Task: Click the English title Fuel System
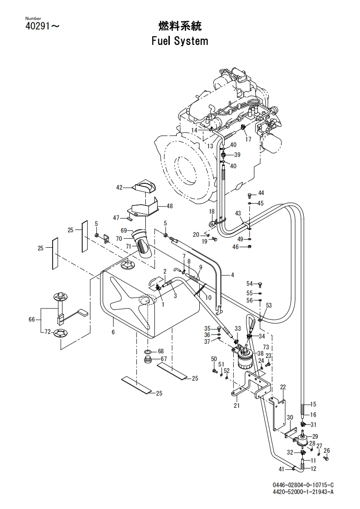[180, 41]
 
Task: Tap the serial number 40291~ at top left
[43, 26]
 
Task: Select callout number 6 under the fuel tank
[113, 332]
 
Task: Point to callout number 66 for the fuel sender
[31, 319]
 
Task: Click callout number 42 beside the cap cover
[119, 187]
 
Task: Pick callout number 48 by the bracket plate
[170, 206]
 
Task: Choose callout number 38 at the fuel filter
[260, 353]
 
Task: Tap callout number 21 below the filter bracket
[237, 405]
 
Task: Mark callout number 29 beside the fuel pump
[315, 436]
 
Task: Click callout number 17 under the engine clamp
[248, 139]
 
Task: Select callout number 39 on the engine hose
[237, 155]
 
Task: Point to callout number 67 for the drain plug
[163, 359]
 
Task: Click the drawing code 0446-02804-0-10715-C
[303, 485]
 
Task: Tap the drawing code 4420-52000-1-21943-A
[303, 491]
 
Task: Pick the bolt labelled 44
[250, 195]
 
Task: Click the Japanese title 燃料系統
[180, 26]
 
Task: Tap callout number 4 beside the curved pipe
[232, 275]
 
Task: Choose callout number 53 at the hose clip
[269, 305]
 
